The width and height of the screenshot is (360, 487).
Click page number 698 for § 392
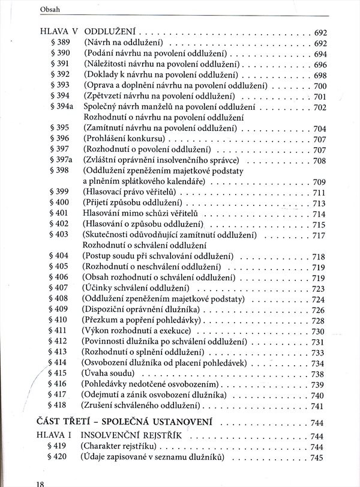point(319,75)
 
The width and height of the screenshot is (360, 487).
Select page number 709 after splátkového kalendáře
point(319,182)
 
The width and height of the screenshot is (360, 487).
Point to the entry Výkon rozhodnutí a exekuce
point(137,331)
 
